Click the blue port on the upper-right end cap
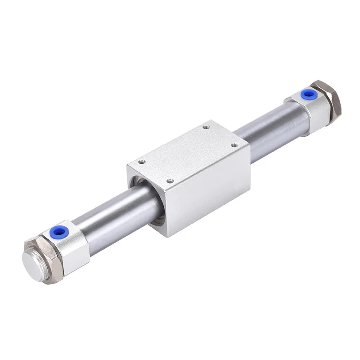tap(308, 94)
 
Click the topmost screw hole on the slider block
tap(206, 127)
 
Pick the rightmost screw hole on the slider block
tap(234, 144)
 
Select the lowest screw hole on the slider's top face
tap(170, 181)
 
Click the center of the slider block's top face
tap(188, 153)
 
